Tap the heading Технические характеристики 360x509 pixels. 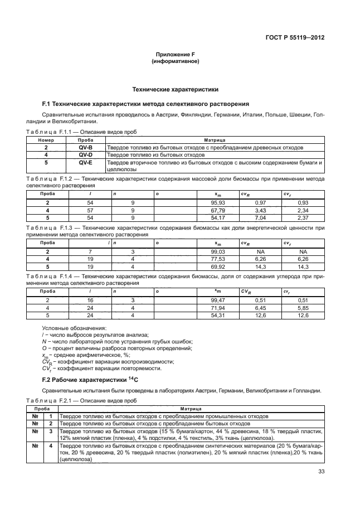click(x=175, y=89)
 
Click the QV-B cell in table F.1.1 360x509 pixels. click(x=86, y=148)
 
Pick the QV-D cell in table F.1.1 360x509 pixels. click(x=86, y=154)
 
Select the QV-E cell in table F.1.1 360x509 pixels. click(x=86, y=162)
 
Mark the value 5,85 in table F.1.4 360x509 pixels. click(x=303, y=307)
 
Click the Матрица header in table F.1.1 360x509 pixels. click(x=215, y=140)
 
